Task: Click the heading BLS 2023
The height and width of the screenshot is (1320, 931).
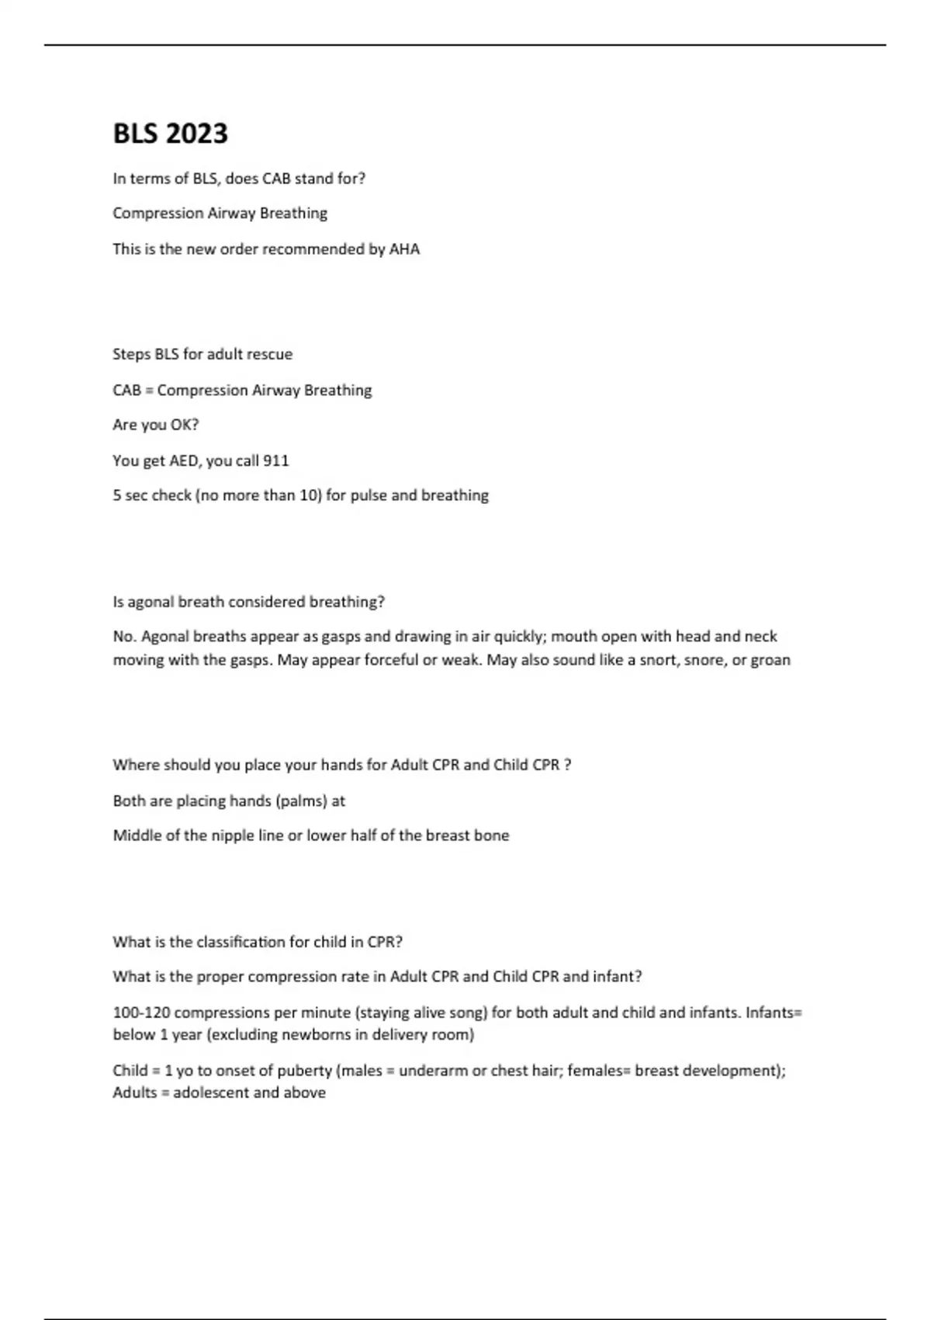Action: (171, 134)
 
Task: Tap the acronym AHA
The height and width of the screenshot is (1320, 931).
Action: (404, 249)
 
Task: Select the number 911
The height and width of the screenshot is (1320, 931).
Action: (276, 460)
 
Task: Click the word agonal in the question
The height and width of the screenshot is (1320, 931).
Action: (150, 602)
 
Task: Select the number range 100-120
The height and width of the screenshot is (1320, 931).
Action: (141, 1013)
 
